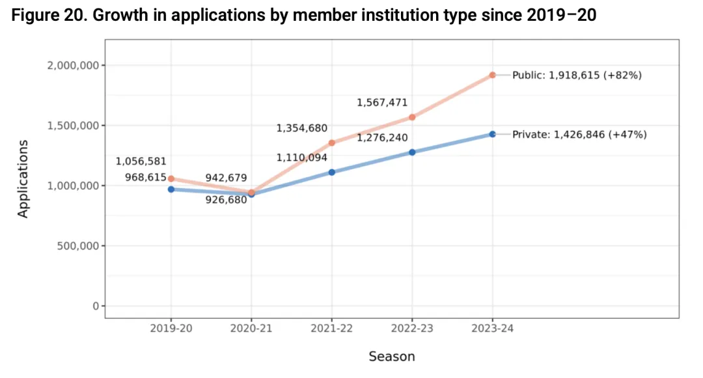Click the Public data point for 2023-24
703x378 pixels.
pos(493,75)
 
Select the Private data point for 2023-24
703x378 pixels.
pos(493,134)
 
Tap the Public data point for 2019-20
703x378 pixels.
pos(171,178)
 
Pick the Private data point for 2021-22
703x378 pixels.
pos(332,172)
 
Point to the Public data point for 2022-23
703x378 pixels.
pos(412,117)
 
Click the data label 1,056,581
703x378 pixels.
pos(141,161)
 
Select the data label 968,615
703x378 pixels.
pos(145,176)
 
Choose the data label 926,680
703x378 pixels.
pos(226,200)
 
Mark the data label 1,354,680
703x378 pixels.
pos(301,128)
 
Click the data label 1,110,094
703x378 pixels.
pos(301,157)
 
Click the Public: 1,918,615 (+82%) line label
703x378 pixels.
pos(577,75)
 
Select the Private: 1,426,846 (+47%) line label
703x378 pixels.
pos(579,135)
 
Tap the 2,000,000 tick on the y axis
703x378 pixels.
pos(72,65)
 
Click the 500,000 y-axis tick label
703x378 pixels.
pos(76,246)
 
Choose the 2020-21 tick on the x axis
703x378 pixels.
pos(251,329)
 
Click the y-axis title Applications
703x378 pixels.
pos(23,178)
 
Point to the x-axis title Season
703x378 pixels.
pos(391,356)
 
